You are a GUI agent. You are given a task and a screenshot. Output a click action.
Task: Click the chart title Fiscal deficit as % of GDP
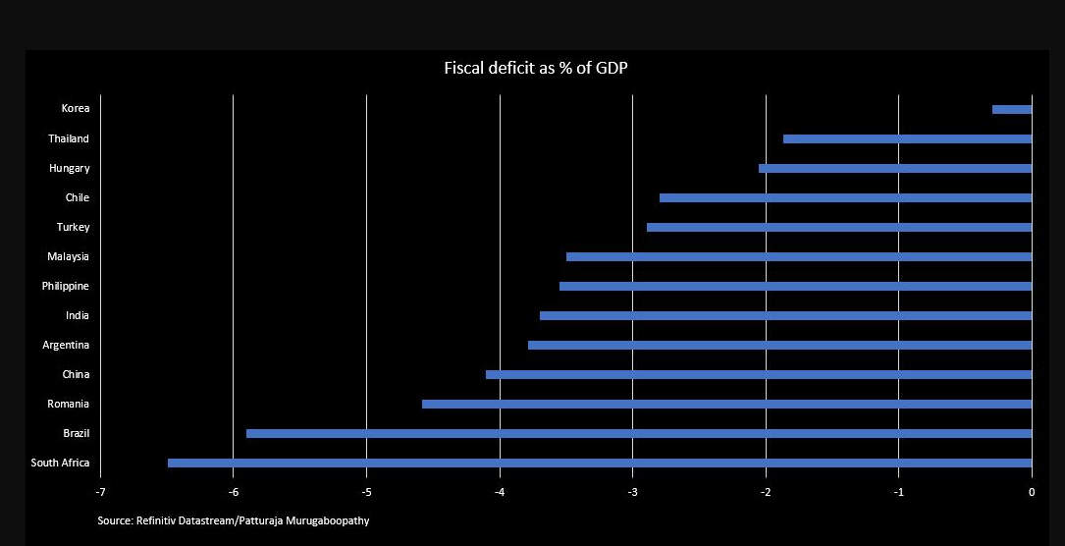(536, 69)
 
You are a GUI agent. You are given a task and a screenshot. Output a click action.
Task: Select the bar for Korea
(1012, 109)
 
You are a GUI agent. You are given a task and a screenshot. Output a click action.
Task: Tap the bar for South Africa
(600, 463)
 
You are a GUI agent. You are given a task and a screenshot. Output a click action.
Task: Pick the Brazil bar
(639, 433)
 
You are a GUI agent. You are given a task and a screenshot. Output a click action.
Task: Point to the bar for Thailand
(907, 138)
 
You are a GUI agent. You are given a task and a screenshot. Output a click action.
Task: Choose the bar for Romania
(726, 404)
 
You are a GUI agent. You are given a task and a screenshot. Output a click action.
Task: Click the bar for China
(759, 374)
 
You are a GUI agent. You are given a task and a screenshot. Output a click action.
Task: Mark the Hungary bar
(895, 168)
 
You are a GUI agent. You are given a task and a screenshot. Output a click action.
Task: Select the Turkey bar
(839, 227)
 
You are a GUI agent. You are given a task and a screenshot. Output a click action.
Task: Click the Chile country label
(77, 197)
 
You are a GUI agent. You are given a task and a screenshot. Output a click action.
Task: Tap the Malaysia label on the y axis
(68, 256)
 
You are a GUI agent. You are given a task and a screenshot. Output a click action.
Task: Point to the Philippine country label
(65, 286)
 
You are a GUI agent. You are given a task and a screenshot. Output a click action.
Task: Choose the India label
(77, 315)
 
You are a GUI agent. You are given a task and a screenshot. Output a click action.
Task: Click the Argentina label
(66, 345)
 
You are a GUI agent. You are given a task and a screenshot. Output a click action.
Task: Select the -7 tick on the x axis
(99, 491)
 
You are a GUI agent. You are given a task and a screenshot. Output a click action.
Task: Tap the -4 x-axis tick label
(499, 491)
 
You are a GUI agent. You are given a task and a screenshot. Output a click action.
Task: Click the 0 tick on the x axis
(1032, 491)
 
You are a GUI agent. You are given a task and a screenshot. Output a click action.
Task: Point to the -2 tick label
(765, 491)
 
